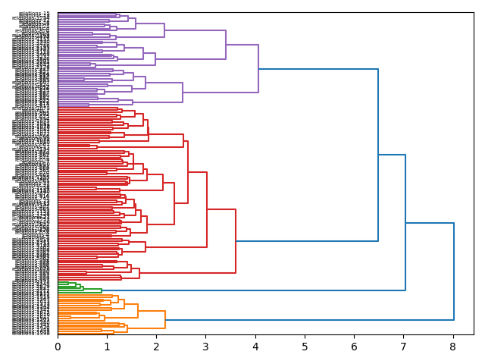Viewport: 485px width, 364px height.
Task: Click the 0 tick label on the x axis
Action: pos(58,347)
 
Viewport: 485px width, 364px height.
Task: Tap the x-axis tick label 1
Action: pos(107,347)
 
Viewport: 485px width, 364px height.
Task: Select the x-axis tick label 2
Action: pos(157,347)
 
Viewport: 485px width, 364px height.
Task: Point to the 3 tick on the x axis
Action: pos(206,347)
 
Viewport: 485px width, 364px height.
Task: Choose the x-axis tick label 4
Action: pos(255,347)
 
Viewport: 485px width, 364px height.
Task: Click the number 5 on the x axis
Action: pos(305,347)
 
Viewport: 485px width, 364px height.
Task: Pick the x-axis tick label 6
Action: pos(355,347)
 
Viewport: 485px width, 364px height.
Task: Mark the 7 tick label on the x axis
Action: pos(404,347)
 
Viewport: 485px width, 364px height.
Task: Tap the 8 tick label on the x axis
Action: pos(453,347)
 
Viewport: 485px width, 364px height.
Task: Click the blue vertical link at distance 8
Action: pos(454,271)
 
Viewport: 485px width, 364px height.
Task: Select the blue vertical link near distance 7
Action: pos(405,222)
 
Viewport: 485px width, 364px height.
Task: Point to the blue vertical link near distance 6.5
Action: pos(378,155)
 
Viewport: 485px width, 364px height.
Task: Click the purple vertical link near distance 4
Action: pos(258,69)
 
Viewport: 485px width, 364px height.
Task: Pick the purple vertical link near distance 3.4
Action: pos(226,45)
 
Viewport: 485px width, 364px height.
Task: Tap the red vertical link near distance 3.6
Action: pos(236,240)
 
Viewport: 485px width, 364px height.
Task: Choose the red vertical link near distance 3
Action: pos(207,209)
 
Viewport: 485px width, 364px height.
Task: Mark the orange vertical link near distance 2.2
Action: pos(165,319)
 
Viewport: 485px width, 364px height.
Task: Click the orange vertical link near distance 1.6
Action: pos(138,311)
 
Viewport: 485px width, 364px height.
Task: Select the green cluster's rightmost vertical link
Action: pos(102,290)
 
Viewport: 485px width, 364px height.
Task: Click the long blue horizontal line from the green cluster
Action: pos(250,290)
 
